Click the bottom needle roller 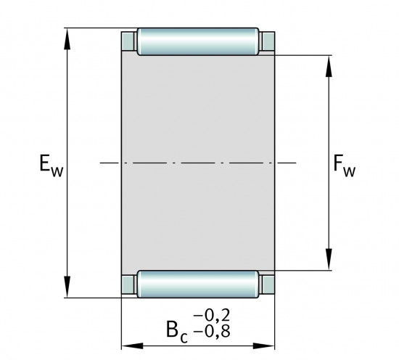(x=198, y=284)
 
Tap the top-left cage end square (x=128, y=43)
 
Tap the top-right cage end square (x=268, y=43)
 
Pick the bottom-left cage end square (x=128, y=283)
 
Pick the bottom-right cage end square (x=268, y=283)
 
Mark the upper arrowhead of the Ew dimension (x=69, y=36)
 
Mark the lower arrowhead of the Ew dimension (x=69, y=289)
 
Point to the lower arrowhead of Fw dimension (x=330, y=262)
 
